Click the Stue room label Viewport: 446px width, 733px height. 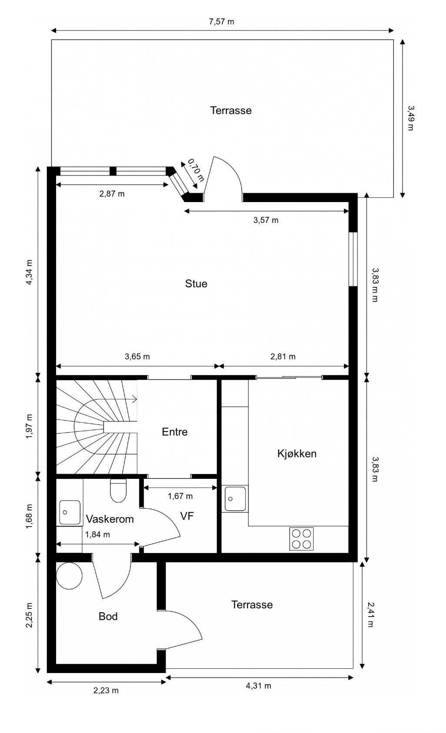[196, 283]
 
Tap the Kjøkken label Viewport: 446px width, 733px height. [297, 454]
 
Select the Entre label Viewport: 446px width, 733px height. [175, 432]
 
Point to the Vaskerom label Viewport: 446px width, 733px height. [110, 519]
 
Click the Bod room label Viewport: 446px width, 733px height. [108, 617]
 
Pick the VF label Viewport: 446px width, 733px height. [187, 516]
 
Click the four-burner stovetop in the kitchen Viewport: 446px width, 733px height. [301, 539]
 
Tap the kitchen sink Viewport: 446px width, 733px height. [235, 499]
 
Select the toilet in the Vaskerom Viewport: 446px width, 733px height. [118, 491]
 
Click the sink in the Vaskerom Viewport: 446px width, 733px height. [69, 512]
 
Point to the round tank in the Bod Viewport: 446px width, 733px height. [69, 576]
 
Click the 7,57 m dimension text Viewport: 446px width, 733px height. [221, 22]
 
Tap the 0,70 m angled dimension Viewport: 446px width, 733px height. [196, 170]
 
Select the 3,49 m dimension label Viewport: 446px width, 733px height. [411, 118]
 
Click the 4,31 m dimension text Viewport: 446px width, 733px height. [258, 686]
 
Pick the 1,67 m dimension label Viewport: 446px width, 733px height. [180, 496]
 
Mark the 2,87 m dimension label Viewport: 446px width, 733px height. [112, 194]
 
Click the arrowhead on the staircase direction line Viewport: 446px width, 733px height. [135, 399]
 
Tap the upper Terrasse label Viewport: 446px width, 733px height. [231, 110]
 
